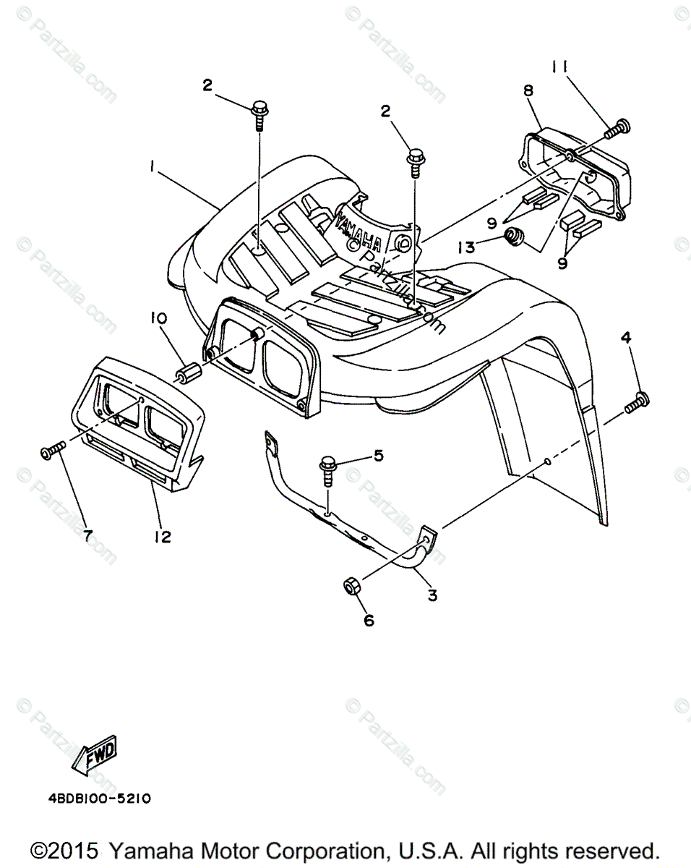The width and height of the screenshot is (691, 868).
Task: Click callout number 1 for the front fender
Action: point(153,166)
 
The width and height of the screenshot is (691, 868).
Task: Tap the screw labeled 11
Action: point(615,129)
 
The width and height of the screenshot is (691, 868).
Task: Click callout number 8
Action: point(528,90)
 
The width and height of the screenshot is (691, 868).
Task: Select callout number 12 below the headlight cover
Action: point(162,537)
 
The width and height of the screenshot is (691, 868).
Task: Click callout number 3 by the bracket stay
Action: point(432,595)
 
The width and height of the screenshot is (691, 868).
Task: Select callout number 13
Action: point(467,247)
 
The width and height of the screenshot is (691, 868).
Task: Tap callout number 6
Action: point(369,620)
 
